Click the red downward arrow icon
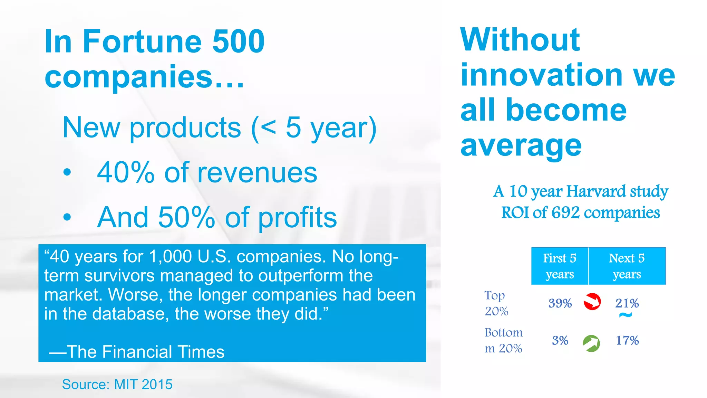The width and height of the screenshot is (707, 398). pyautogui.click(x=592, y=302)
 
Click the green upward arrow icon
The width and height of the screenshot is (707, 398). pyautogui.click(x=591, y=343)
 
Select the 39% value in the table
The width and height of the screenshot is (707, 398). pyautogui.click(x=560, y=303)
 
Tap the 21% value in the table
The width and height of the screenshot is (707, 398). pyautogui.click(x=627, y=303)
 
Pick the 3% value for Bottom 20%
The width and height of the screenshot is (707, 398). pyautogui.click(x=560, y=341)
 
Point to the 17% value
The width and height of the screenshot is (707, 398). pyautogui.click(x=627, y=341)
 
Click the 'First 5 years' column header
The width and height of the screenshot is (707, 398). pyautogui.click(x=560, y=266)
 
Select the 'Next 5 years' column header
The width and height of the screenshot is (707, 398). pyautogui.click(x=627, y=266)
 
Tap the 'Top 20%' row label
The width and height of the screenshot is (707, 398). pyautogui.click(x=496, y=303)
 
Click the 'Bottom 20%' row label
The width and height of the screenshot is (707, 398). pyautogui.click(x=503, y=340)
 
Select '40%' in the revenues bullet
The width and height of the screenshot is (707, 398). pyautogui.click(x=126, y=172)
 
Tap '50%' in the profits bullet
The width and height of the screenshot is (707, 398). pyautogui.click(x=186, y=217)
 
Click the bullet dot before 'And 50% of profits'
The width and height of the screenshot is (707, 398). pyautogui.click(x=67, y=217)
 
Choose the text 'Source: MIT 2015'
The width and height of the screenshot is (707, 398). pyautogui.click(x=117, y=384)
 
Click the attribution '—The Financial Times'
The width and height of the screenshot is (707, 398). pyautogui.click(x=137, y=352)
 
